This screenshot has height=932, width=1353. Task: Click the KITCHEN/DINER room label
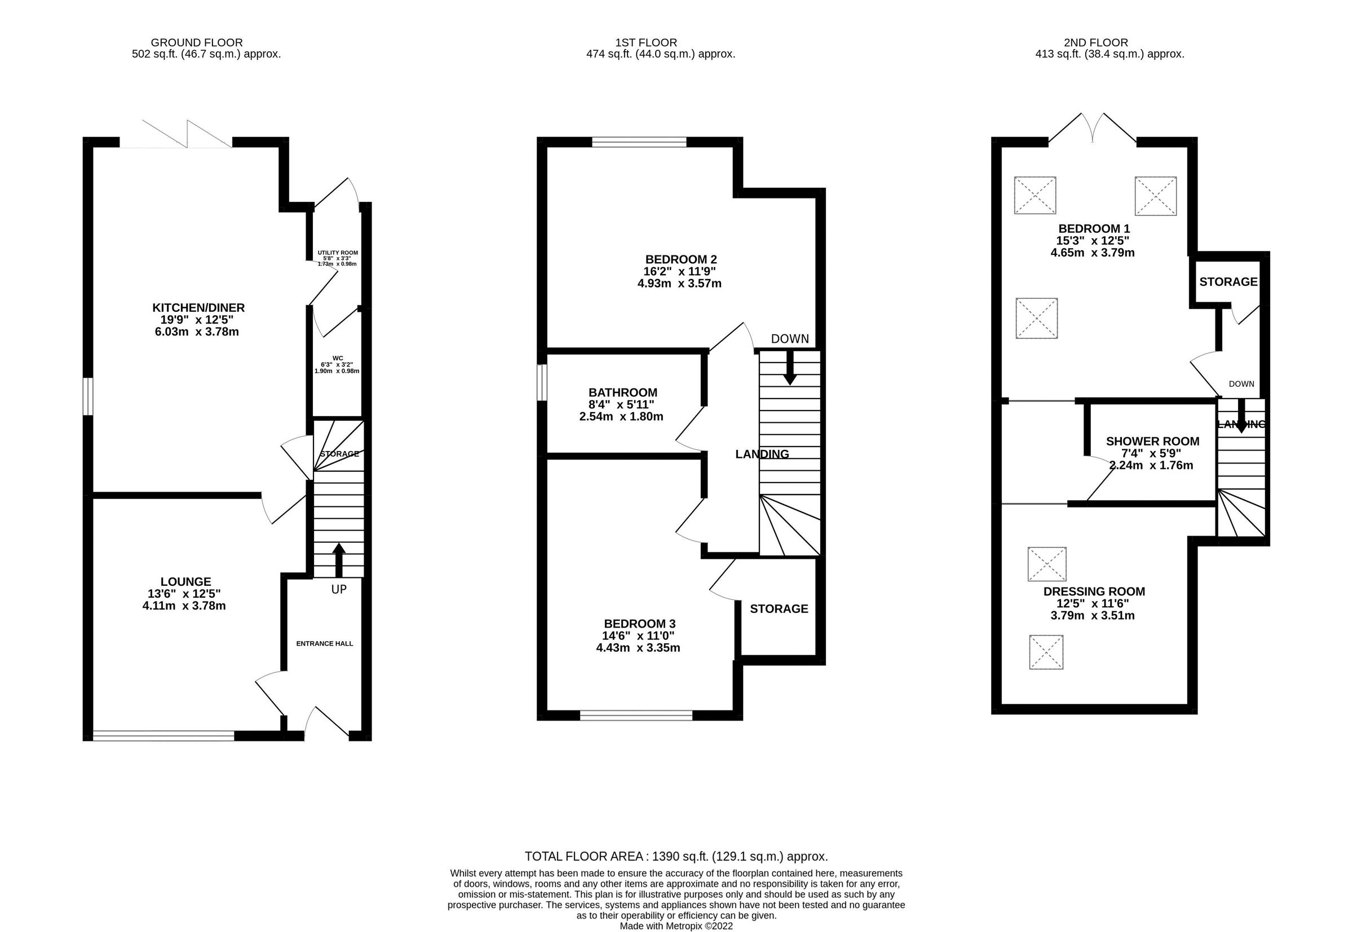[x=198, y=308]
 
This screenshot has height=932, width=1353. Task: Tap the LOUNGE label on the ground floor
[x=185, y=582]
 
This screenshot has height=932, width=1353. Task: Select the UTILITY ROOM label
[x=338, y=253]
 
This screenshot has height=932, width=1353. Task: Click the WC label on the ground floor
[x=338, y=358]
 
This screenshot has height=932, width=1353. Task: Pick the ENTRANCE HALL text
[x=325, y=643]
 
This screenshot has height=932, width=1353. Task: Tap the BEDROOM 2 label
[x=681, y=259]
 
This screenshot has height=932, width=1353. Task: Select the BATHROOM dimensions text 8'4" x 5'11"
[x=621, y=405]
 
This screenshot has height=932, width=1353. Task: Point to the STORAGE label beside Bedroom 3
[x=779, y=609]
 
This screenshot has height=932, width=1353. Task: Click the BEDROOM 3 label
[x=639, y=624]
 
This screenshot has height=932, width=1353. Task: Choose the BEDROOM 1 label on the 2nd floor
[x=1094, y=228]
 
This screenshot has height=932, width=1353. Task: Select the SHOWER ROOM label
[x=1152, y=441]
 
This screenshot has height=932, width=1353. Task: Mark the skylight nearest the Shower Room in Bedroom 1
[x=1037, y=318]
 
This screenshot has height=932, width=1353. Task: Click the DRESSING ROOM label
[x=1094, y=591]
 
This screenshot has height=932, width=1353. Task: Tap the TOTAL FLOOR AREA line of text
[x=676, y=856]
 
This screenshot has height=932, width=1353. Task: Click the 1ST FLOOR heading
[x=646, y=43]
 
